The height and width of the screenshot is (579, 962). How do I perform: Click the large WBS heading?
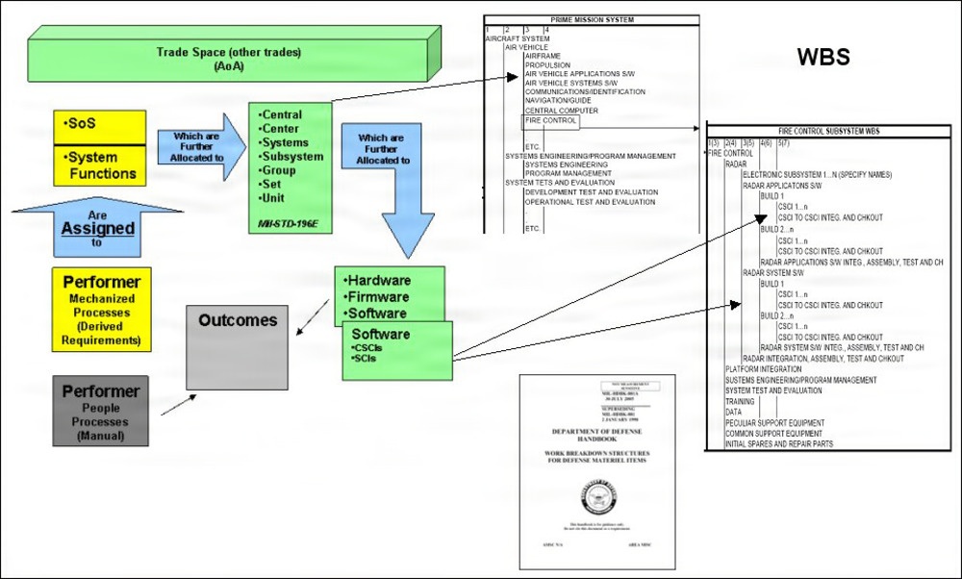coord(823,57)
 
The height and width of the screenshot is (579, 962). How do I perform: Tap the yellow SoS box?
coord(99,126)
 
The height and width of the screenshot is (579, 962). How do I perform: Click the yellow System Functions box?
coord(99,164)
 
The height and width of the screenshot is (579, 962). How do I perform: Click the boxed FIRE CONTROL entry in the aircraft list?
coord(551,121)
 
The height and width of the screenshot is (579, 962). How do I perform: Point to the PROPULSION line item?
coord(546,64)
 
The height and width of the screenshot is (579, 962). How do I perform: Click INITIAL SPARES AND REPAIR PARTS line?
coord(779,444)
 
